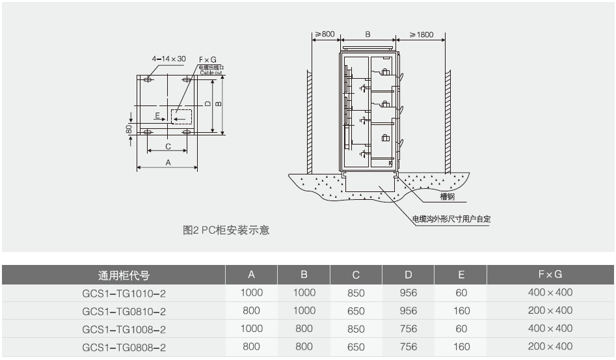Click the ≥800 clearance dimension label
pos(325,34)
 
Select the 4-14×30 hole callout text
pos(168,59)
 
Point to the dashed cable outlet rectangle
pos(182,117)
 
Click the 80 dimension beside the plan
pos(129,128)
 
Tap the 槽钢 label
pos(447,196)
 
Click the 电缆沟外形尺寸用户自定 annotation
pos(451,219)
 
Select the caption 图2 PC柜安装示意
pos(226,230)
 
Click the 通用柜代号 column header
pos(124,275)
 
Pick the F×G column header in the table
pos(550,275)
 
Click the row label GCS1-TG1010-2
pos(124,293)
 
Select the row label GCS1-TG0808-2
pos(124,348)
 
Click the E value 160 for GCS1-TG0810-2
pos(461,311)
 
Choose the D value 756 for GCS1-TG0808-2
pos(408,348)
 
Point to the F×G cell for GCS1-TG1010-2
pos(550,293)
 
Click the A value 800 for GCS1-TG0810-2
pos(251,311)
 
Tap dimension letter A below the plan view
pos(168,163)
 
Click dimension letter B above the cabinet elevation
pos(368,34)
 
